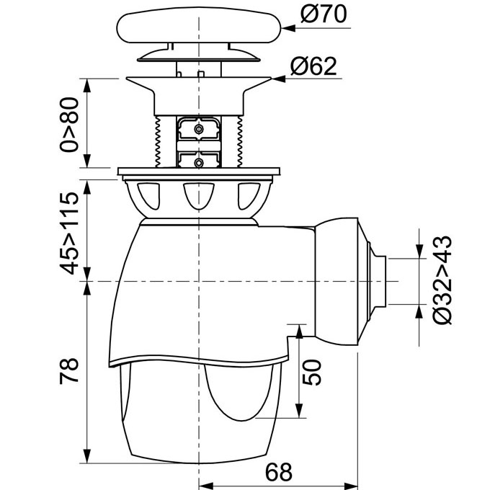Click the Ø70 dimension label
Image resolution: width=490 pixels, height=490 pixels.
coord(324,14)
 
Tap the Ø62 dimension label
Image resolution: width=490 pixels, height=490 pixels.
coord(313,66)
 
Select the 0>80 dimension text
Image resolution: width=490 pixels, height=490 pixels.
coord(69,125)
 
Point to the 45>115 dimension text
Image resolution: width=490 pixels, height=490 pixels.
coord(69,233)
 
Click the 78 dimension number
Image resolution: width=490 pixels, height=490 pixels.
coord(69,371)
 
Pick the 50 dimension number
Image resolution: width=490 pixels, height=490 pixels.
coord(312,373)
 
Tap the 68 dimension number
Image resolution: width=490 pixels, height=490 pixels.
coord(279,471)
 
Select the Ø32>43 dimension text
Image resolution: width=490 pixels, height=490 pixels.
coord(442,280)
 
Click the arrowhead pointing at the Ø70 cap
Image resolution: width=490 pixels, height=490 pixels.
coord(288,28)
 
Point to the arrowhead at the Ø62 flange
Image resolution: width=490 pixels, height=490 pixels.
coord(278,79)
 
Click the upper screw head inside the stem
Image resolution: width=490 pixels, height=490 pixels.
coord(198,129)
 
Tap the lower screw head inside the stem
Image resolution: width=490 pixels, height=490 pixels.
coord(198,163)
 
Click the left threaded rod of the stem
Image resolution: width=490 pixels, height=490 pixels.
coord(158,141)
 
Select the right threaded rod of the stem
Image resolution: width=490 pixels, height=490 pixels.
coord(240,141)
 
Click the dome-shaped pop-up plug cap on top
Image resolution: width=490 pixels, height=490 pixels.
coord(199,27)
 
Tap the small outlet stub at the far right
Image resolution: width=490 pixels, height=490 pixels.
coord(380,282)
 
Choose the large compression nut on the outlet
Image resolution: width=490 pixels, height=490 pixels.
coord(337,281)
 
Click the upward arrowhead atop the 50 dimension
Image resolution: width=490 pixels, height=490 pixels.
coord(299,331)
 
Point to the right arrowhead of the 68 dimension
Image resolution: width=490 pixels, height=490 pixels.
coord(351,486)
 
